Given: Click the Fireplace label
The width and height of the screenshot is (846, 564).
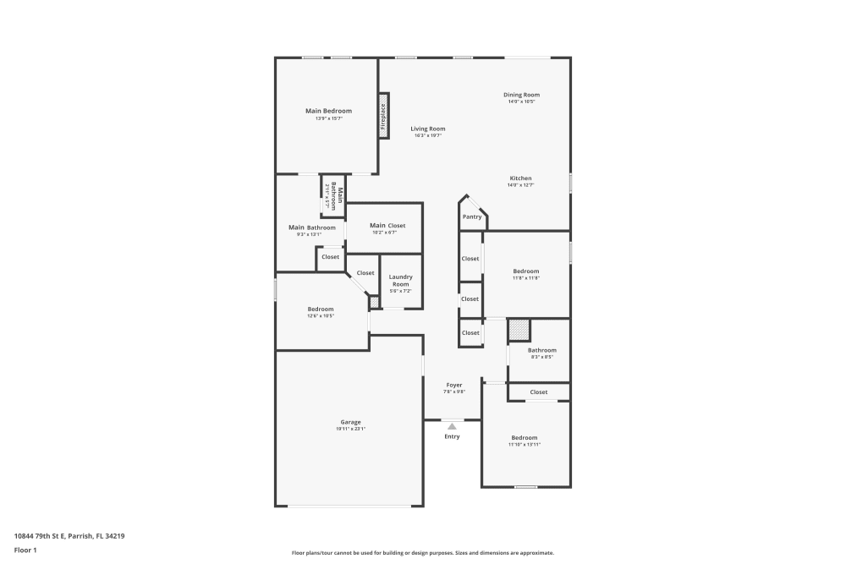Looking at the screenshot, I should [383, 116].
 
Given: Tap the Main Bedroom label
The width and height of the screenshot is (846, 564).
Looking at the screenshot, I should [328, 111].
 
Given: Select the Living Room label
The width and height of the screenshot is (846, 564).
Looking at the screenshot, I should [428, 129].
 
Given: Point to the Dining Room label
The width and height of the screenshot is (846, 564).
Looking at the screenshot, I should [521, 95].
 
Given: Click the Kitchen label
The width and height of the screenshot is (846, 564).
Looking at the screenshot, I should [520, 178].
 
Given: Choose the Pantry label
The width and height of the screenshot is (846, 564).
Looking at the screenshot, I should [472, 217].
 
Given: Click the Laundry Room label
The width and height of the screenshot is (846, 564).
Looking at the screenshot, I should [400, 281].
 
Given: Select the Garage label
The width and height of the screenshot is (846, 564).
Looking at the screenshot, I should [350, 422].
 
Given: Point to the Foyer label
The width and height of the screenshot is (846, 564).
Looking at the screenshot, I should [454, 385].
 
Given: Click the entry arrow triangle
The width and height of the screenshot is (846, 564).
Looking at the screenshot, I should [452, 426].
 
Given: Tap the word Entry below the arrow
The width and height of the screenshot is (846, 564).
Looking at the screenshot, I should [452, 436].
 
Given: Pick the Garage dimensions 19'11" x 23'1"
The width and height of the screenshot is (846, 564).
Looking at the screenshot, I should [350, 430].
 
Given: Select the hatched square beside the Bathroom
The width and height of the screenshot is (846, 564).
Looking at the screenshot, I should [518, 330].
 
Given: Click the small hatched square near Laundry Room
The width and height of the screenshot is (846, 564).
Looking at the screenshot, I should [375, 302].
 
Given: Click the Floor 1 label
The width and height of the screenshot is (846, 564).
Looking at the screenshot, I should [25, 550].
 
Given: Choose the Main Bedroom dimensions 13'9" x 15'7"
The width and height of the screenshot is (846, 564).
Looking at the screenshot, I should [328, 118].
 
